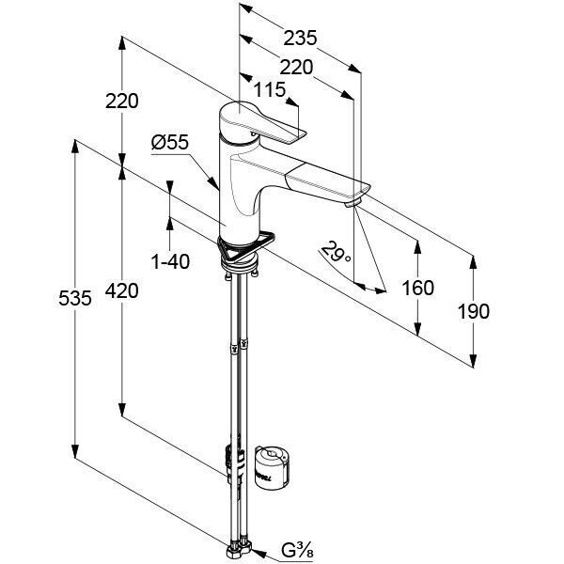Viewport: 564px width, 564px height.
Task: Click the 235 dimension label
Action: point(300,38)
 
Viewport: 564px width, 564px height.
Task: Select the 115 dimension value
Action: point(270,89)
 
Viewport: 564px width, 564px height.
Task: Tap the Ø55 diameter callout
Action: point(170,142)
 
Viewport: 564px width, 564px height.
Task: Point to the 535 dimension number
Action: point(75,298)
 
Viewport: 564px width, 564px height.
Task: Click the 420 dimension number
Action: point(121,290)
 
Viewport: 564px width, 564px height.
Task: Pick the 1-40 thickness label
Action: point(170,261)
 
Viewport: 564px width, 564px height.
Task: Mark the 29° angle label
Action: point(336,252)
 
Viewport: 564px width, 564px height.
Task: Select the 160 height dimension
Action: point(417,288)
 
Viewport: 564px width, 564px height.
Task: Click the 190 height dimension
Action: point(473,311)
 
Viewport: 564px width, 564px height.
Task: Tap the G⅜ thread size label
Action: point(297,550)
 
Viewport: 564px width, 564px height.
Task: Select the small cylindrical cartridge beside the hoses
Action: point(273,466)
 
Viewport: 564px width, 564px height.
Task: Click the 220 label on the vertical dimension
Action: point(121,102)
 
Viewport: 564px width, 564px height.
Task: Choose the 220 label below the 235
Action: point(296,68)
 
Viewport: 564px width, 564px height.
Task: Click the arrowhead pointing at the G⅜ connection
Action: point(259,552)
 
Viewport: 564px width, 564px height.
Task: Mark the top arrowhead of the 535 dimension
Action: point(75,147)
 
